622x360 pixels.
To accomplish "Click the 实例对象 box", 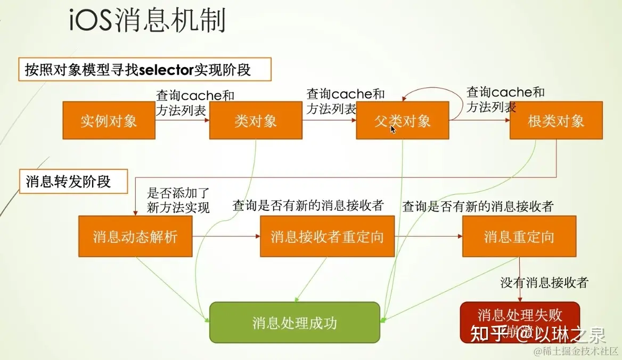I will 109,121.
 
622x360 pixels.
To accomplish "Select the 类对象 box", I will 256,121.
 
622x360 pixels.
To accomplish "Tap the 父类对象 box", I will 402,121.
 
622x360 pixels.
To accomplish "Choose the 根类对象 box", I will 556,121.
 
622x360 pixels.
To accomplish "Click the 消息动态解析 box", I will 135,236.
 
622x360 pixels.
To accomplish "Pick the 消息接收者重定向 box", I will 327,236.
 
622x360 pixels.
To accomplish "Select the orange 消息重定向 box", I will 519,236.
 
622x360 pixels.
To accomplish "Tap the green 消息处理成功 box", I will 294,323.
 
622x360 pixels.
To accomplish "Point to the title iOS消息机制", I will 148,21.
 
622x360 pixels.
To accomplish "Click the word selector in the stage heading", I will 168,70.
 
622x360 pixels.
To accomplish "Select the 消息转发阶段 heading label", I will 68,182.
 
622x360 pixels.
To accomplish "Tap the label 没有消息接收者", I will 544,282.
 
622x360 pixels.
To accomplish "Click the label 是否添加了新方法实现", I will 178,200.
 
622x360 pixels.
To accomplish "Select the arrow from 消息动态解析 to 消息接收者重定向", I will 226,236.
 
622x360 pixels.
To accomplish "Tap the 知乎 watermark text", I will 484,334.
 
